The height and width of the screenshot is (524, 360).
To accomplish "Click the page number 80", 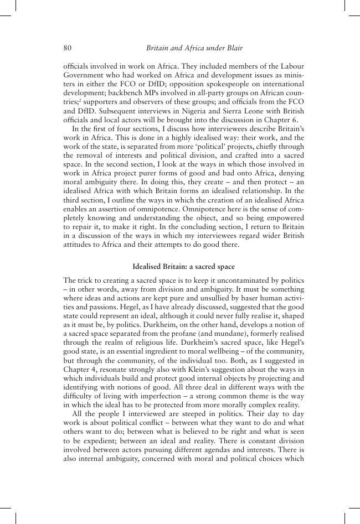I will [68, 48].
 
